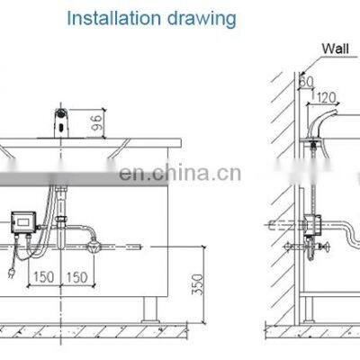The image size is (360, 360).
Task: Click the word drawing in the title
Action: point(202,20)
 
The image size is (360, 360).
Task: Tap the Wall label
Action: point(335,49)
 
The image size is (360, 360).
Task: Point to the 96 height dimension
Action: point(97,122)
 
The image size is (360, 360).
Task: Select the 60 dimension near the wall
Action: point(307,81)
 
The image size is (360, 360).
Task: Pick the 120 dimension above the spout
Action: point(326,97)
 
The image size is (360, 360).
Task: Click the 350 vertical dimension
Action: point(198,284)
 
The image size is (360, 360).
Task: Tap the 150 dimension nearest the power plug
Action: point(44,277)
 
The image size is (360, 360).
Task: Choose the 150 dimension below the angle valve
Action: point(76,277)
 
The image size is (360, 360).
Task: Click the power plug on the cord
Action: point(12,273)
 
